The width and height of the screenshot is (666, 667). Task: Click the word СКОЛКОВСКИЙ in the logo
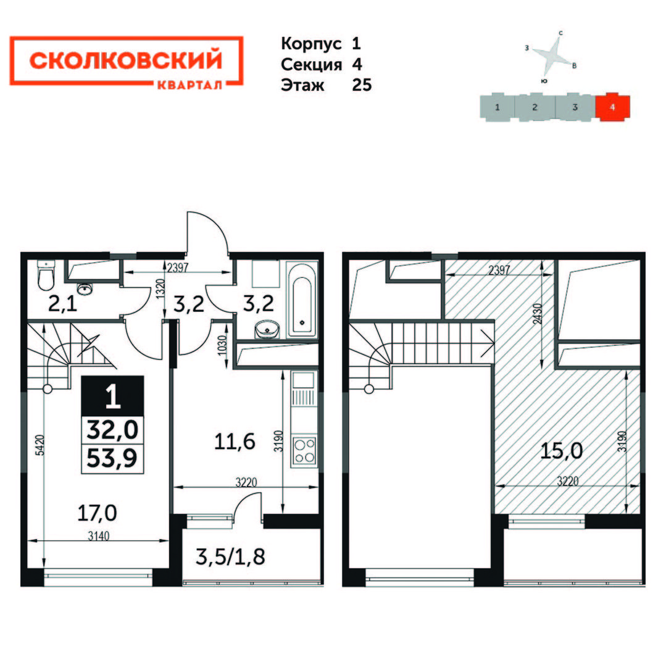[126, 61]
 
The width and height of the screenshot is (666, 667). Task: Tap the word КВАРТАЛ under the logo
[189, 85]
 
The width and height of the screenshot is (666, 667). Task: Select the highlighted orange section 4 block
[612, 106]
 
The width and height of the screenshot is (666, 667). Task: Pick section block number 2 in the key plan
[535, 107]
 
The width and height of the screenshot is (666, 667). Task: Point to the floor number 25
[362, 85]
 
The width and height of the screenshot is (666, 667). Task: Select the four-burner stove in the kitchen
[304, 451]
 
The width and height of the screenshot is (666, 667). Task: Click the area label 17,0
[97, 513]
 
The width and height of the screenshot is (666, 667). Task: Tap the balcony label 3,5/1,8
[230, 556]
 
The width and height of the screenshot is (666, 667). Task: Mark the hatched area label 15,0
[561, 450]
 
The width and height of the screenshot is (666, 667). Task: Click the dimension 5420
[39, 445]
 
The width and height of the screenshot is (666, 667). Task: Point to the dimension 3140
[99, 535]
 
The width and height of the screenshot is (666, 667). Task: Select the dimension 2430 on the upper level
[538, 314]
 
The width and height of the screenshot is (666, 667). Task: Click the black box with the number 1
[112, 396]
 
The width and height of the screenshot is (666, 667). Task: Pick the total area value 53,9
[112, 458]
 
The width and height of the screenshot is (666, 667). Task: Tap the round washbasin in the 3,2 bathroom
[267, 329]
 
